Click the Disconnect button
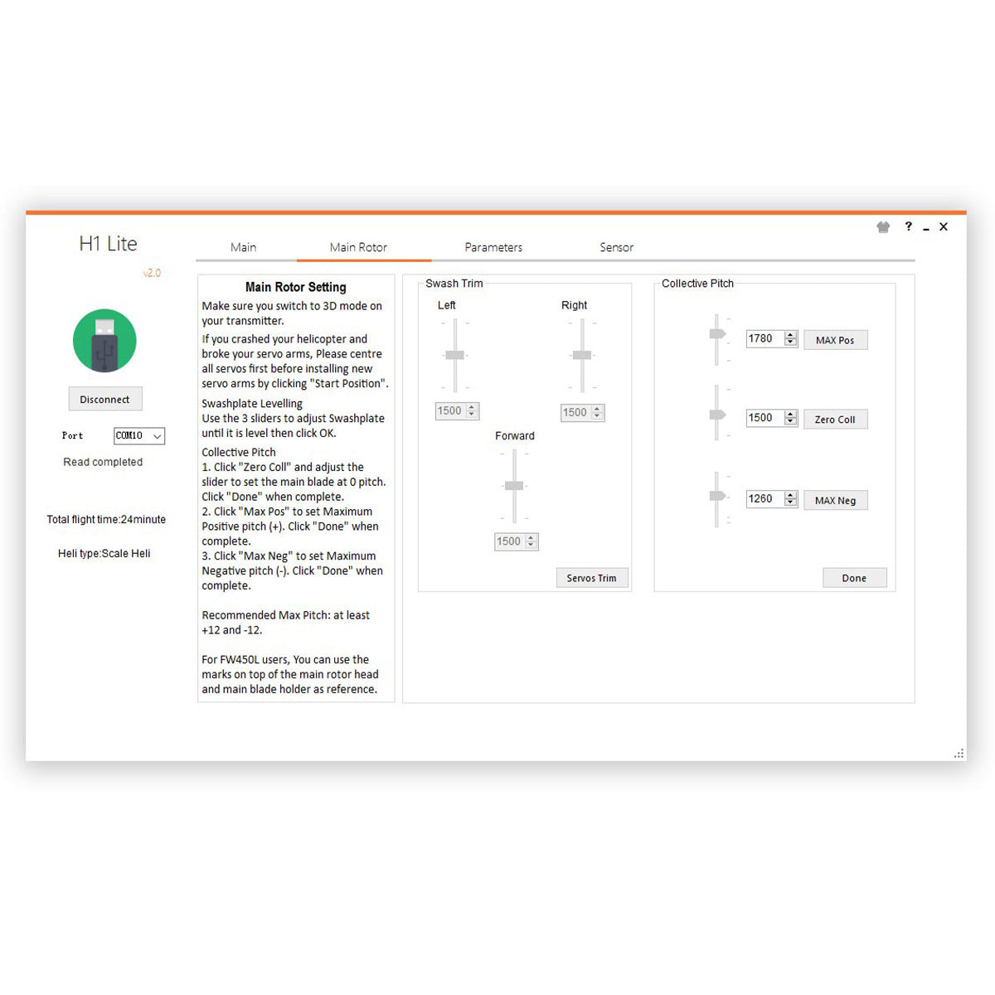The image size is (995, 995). (x=104, y=399)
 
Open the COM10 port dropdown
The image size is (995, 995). (x=139, y=435)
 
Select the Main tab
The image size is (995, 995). (x=243, y=247)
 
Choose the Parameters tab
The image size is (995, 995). (x=493, y=247)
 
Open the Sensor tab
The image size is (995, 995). (x=617, y=247)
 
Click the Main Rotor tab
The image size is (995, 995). (x=358, y=247)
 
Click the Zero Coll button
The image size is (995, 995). (x=835, y=419)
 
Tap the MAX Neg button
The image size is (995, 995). (x=835, y=500)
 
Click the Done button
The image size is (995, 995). (x=854, y=578)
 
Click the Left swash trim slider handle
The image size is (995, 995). (x=454, y=355)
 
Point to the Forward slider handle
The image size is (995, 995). (x=514, y=485)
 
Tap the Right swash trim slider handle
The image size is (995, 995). (x=582, y=355)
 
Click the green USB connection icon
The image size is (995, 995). (x=104, y=340)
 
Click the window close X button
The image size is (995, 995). (x=944, y=226)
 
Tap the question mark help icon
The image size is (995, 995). (x=908, y=226)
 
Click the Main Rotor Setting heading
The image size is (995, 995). (x=296, y=287)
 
